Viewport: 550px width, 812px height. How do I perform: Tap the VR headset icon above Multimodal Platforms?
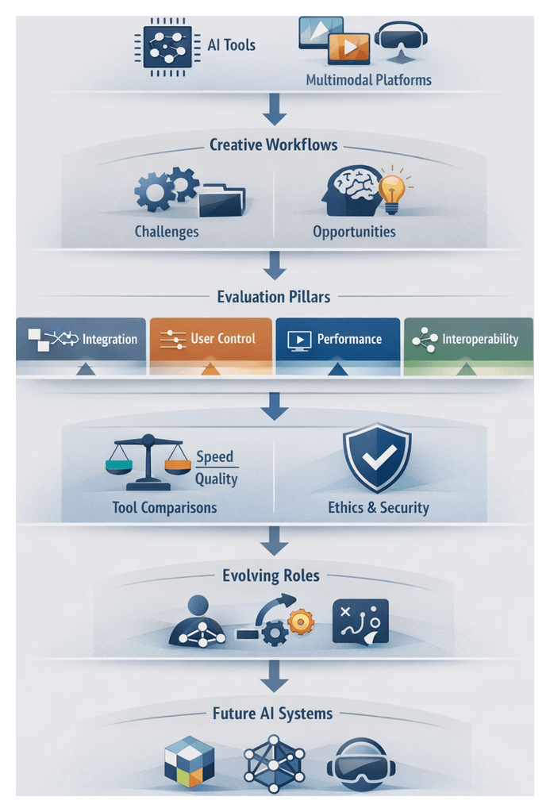(401, 38)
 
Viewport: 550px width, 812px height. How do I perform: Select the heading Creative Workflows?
(273, 145)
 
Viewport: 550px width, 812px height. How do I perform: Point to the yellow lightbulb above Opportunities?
(391, 190)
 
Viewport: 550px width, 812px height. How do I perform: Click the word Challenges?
(167, 233)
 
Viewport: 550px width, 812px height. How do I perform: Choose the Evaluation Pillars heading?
(273, 297)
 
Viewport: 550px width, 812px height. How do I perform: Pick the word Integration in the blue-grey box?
(110, 340)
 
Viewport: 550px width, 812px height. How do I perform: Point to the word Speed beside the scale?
(216, 456)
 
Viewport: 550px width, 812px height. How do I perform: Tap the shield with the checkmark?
(376, 457)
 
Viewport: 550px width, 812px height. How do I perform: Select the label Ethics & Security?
(378, 507)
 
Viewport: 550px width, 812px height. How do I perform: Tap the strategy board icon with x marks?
(360, 620)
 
